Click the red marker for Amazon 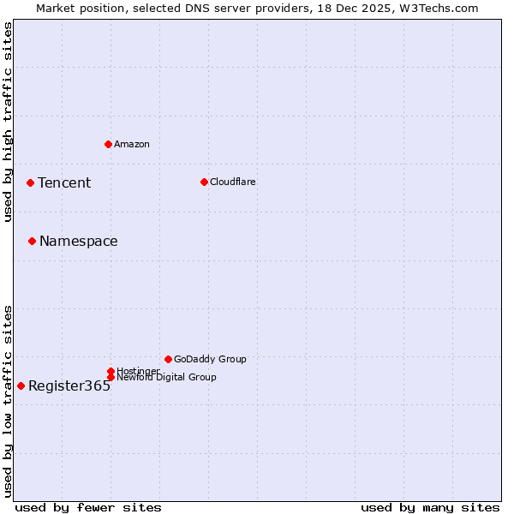point(108,144)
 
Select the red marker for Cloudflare point(204,182)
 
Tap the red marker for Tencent point(30,182)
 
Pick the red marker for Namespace point(32,241)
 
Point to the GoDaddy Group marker point(168,359)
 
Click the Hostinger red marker point(111,371)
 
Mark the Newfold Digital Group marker point(111,377)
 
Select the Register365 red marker point(21,385)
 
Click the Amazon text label point(132,144)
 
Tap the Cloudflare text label point(233,182)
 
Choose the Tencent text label point(64,182)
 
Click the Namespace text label point(79,241)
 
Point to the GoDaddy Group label point(210,359)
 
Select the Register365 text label point(69,385)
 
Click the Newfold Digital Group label point(166,377)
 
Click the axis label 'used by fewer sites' point(88,507)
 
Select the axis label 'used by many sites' point(430,507)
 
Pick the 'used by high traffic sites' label point(8,123)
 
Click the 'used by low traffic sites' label point(8,401)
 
